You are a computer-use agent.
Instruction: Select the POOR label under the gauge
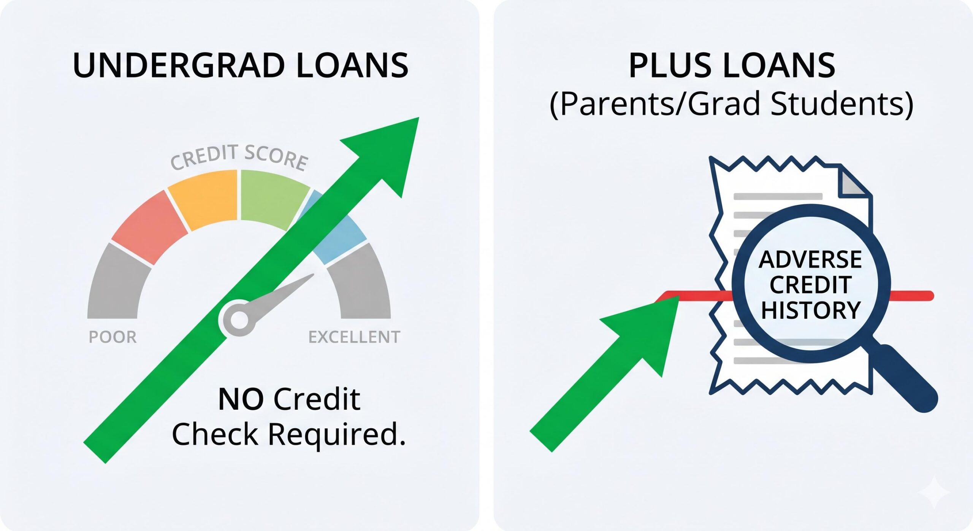tap(113, 337)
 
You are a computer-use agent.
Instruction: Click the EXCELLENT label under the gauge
tap(354, 337)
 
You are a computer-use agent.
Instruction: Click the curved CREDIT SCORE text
tap(239, 157)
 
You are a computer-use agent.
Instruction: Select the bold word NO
tap(241, 399)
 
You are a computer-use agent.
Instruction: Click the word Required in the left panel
tap(337, 434)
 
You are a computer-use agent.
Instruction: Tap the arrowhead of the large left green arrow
tap(391, 152)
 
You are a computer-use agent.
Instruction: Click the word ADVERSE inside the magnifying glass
tap(810, 259)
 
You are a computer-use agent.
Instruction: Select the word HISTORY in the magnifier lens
tap(810, 310)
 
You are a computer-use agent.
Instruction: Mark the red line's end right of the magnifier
tap(929, 296)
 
